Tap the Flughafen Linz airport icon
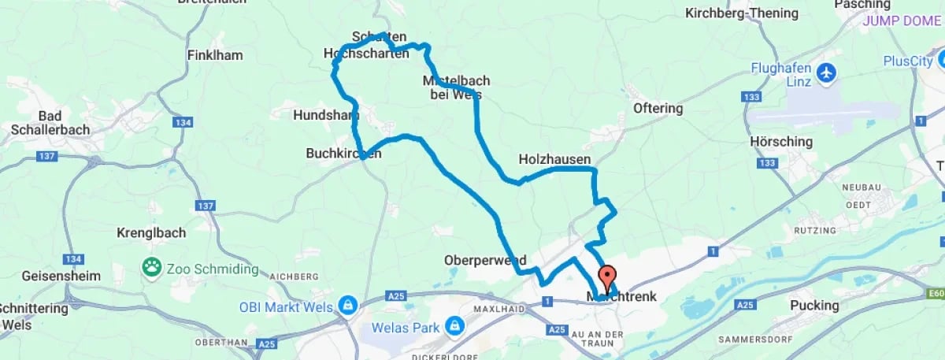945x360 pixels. pos(826,73)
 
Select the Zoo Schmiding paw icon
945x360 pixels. pos(151,267)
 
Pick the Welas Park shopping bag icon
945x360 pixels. pos(454,325)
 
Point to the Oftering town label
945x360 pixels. pos(658,108)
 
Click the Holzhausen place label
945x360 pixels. pos(554,159)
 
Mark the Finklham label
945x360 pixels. pos(215,55)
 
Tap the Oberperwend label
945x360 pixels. pos(485,260)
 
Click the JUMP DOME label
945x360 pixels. pos(901,21)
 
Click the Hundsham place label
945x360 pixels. pos(325,115)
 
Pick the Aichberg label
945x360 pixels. pos(293,276)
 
